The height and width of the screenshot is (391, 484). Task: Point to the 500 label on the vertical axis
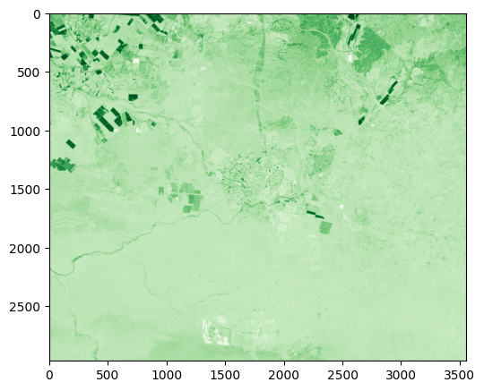[x=30, y=72]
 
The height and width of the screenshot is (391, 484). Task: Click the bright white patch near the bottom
[x=217, y=331]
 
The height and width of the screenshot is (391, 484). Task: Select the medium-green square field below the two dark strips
[x=324, y=227]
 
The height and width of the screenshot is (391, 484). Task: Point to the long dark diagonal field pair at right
[x=389, y=91]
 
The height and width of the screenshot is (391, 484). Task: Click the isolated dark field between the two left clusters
[x=71, y=143]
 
